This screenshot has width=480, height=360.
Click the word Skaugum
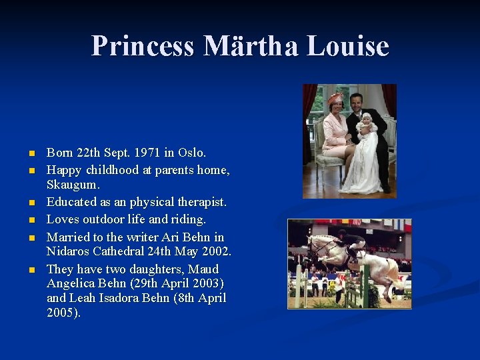click(73, 184)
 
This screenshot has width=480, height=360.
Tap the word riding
click(186, 219)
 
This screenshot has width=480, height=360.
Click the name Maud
click(203, 269)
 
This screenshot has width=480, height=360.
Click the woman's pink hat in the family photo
click(335, 98)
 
